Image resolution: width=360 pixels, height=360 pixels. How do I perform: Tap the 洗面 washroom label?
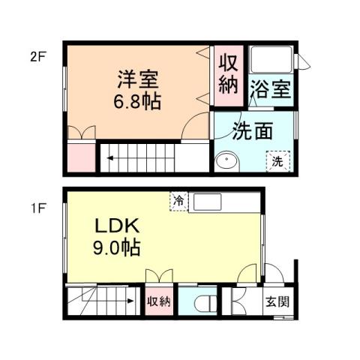tap(251, 130)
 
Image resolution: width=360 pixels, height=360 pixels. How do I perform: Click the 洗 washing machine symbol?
tap(276, 160)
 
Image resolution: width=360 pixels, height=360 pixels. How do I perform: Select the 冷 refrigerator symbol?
tap(179, 200)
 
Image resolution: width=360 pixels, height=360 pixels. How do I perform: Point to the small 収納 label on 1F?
tap(159, 303)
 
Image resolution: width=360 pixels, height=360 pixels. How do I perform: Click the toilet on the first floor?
tap(202, 304)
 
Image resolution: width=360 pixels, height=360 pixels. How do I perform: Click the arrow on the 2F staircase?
tap(110, 158)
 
